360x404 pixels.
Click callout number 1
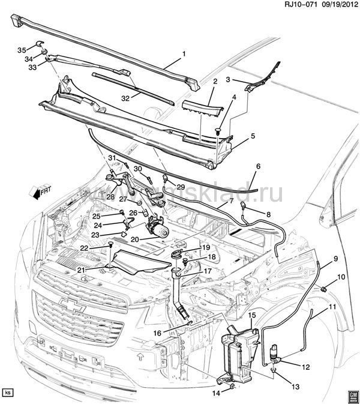pyautogui.click(x=184, y=54)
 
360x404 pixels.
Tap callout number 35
pyautogui.click(x=22, y=49)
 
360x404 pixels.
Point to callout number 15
pyautogui.click(x=252, y=315)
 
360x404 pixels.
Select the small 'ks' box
pyautogui.click(x=8, y=393)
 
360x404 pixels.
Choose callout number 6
pyautogui.click(x=259, y=167)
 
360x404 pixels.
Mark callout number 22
pyautogui.click(x=84, y=248)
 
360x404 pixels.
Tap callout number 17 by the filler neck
pyautogui.click(x=208, y=271)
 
